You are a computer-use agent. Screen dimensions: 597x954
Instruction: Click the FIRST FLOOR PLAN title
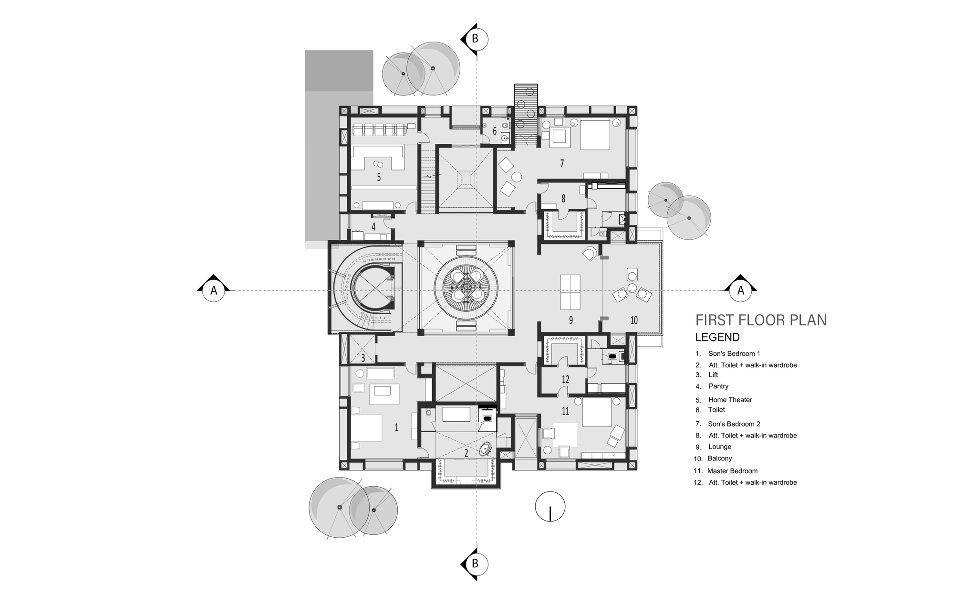[761, 320]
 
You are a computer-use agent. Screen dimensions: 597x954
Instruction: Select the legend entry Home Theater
[730, 400]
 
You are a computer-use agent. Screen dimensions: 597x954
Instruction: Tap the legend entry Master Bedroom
[732, 470]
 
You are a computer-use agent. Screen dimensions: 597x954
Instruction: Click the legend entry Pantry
[718, 386]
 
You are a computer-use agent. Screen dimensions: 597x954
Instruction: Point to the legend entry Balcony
[720, 458]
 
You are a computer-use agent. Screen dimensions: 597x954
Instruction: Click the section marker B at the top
[475, 38]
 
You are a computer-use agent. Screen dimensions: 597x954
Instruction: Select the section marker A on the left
[214, 290]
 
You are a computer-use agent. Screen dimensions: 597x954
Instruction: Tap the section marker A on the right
[741, 290]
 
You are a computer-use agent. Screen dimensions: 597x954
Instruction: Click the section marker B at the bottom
[475, 564]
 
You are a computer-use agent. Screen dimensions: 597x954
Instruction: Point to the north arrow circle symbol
[550, 507]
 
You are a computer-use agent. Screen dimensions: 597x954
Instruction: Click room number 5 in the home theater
[379, 177]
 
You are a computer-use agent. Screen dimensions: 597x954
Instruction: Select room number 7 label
[562, 163]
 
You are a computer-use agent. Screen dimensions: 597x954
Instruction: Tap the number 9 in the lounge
[570, 320]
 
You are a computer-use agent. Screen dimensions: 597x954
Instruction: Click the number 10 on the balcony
[633, 320]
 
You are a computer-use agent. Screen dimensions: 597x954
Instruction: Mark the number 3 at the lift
[363, 357]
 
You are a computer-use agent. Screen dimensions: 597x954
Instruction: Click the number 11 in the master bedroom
[565, 411]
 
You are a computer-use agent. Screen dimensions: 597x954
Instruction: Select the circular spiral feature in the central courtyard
[466, 288]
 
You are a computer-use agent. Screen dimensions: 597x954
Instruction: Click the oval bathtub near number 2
[486, 449]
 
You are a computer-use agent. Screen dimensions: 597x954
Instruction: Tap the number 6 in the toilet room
[495, 131]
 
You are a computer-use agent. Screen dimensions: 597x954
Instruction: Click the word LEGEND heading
[717, 337]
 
